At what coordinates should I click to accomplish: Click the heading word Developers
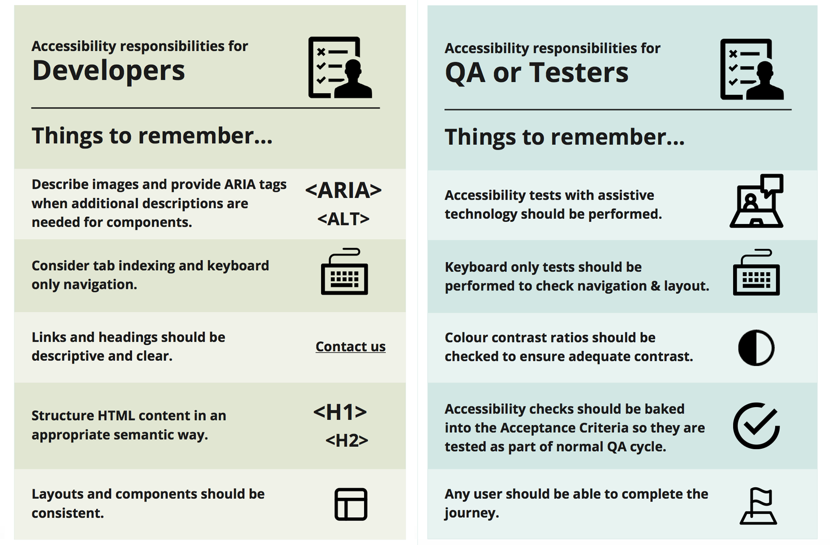click(x=108, y=70)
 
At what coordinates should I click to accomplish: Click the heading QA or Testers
click(x=536, y=73)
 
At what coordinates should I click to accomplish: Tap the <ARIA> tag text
click(x=344, y=190)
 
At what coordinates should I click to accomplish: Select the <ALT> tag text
click(x=344, y=218)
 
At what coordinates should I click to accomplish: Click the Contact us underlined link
click(x=351, y=346)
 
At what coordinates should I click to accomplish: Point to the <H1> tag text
click(x=340, y=412)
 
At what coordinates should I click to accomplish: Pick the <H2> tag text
click(x=347, y=440)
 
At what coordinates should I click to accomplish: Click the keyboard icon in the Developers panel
click(x=345, y=272)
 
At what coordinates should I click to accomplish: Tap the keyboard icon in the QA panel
click(x=757, y=272)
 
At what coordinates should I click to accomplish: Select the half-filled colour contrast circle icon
click(x=756, y=348)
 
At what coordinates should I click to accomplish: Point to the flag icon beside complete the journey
click(x=758, y=506)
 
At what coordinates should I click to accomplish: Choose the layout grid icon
click(x=351, y=504)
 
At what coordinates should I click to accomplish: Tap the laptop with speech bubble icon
click(x=757, y=201)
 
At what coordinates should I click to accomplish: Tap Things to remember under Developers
click(x=152, y=136)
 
